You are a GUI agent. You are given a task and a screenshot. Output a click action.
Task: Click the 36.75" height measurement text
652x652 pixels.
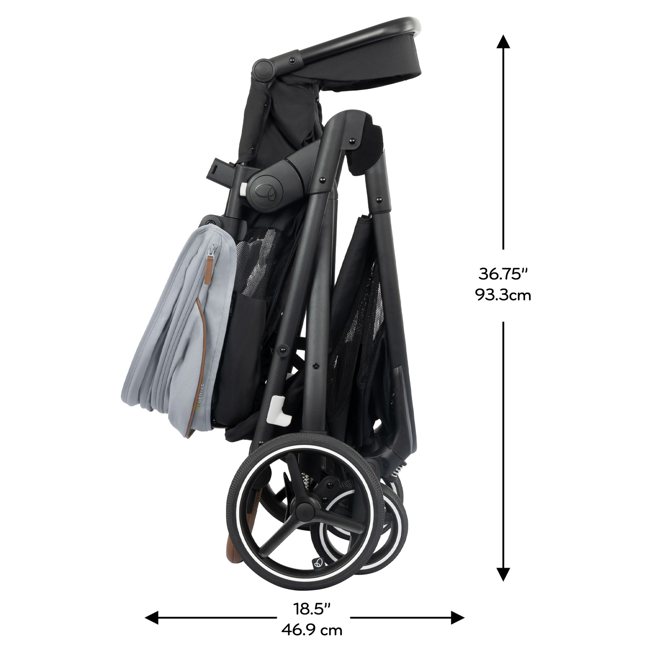point(503,274)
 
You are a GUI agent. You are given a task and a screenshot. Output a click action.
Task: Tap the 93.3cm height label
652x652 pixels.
point(503,295)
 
